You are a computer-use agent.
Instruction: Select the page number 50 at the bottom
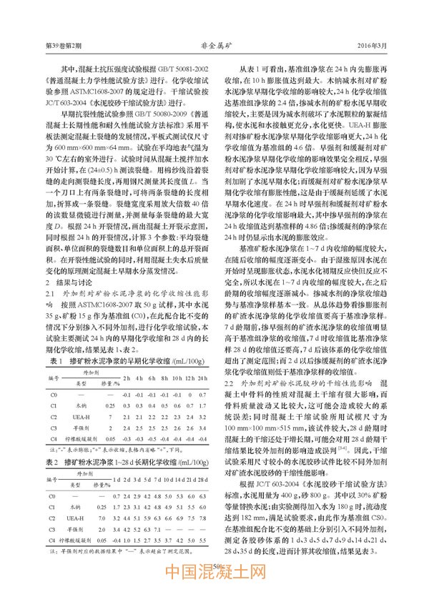214,566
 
